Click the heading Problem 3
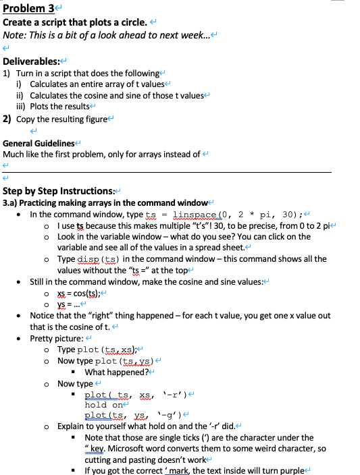point(28,8)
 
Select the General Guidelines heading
point(38,143)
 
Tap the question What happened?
point(115,372)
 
